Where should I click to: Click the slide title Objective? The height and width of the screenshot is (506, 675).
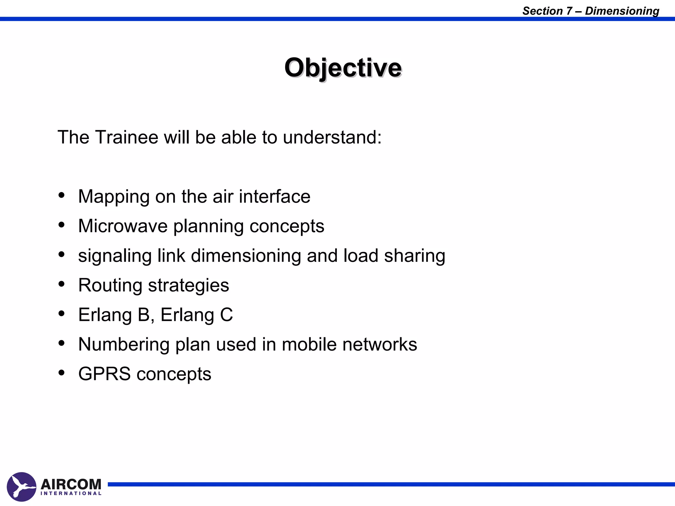(343, 68)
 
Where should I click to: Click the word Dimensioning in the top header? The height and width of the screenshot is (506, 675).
(622, 11)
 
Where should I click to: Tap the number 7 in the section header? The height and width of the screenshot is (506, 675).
(569, 11)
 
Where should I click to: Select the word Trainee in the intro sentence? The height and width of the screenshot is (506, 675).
(127, 137)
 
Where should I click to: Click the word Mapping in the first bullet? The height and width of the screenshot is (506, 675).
(114, 197)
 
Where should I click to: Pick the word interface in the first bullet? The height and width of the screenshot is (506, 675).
(274, 196)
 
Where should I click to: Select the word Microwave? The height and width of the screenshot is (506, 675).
(123, 226)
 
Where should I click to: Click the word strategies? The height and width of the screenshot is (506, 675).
(188, 286)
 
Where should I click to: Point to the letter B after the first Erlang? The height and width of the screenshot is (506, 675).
(144, 315)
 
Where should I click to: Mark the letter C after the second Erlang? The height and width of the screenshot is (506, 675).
(226, 315)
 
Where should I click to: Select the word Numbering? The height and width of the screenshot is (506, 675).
(124, 345)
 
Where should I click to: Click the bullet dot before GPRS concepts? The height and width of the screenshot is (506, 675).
(61, 373)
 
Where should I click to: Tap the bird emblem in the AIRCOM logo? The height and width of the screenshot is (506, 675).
(21, 487)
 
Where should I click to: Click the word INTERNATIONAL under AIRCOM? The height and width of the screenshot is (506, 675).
(71, 493)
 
